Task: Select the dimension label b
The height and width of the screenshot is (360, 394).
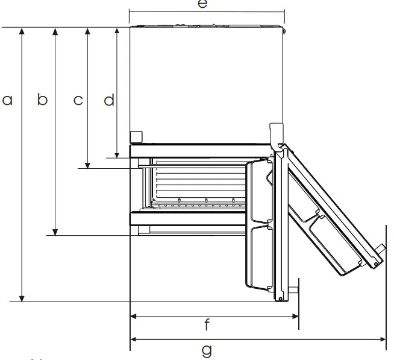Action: (x=42, y=100)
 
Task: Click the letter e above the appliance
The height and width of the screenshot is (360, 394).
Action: (x=202, y=4)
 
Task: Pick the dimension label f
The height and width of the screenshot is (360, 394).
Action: (x=207, y=326)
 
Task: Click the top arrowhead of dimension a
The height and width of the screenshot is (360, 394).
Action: (x=22, y=31)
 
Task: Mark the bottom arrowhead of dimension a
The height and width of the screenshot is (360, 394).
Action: (x=22, y=298)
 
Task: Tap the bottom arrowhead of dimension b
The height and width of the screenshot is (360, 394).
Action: (x=55, y=232)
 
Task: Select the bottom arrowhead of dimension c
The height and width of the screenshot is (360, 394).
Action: (x=88, y=165)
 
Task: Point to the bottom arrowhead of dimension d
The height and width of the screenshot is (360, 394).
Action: (x=117, y=154)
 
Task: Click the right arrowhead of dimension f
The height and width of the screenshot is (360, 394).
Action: (x=295, y=315)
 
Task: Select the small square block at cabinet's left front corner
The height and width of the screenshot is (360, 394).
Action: (x=136, y=136)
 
